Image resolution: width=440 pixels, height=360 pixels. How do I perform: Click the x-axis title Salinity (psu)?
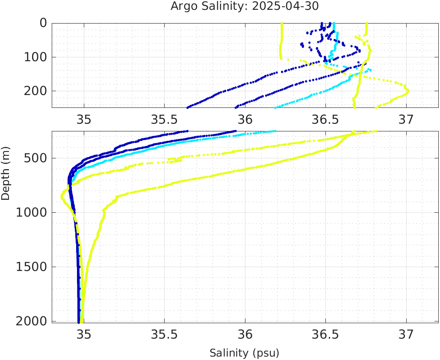coord(244,353)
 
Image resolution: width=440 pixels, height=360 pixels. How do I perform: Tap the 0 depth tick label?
coord(43,23)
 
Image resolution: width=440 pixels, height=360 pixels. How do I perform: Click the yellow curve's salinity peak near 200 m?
coord(408,90)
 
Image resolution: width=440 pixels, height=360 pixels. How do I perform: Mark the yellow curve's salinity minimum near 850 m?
coord(62,196)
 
